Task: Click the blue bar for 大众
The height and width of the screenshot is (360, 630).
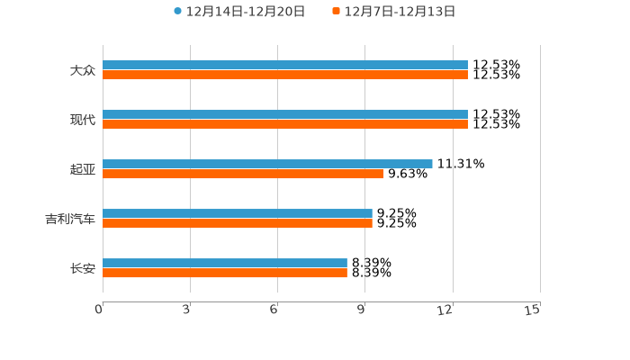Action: (x=284, y=66)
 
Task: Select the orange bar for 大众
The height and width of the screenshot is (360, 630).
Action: (x=284, y=76)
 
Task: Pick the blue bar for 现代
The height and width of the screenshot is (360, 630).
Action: (x=284, y=115)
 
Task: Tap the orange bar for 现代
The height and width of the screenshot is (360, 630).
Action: (x=284, y=125)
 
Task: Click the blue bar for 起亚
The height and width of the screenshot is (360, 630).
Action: (x=267, y=165)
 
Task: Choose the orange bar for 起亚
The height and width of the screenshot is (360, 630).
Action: (x=243, y=175)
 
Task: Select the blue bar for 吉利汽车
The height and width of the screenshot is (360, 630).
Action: (x=238, y=214)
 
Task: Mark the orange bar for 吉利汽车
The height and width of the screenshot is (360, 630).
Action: (x=238, y=224)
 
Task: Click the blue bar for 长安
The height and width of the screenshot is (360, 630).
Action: (x=225, y=264)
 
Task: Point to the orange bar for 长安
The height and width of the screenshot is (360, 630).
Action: (x=225, y=274)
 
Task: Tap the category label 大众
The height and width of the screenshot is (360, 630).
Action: (x=83, y=70)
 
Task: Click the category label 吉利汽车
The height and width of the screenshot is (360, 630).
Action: (x=70, y=219)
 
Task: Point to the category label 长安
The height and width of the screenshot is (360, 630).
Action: (x=83, y=268)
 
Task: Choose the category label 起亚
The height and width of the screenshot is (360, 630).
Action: (x=83, y=169)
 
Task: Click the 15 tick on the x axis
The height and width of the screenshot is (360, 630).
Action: (x=533, y=310)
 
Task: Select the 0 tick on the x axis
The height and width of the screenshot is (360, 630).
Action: (x=99, y=310)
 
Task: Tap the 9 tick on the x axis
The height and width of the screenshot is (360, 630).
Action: (x=361, y=310)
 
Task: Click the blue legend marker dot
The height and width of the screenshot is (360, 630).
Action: (x=178, y=12)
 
